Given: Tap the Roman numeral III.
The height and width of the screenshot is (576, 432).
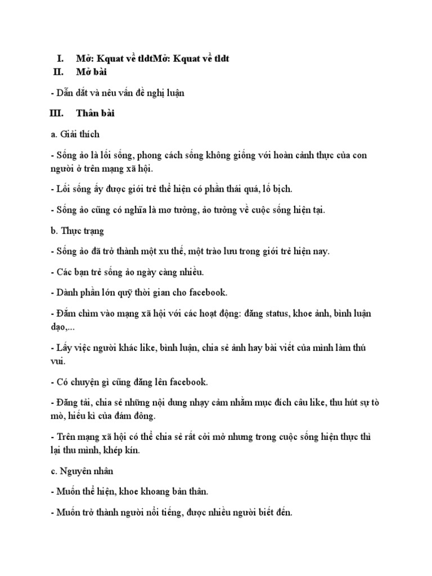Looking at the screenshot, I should [x=56, y=114].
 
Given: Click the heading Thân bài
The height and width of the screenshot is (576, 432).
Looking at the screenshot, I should [x=96, y=114].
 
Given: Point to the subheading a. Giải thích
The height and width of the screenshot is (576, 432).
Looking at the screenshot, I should [x=75, y=134].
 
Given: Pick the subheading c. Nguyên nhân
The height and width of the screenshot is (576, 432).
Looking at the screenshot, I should [x=82, y=470].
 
